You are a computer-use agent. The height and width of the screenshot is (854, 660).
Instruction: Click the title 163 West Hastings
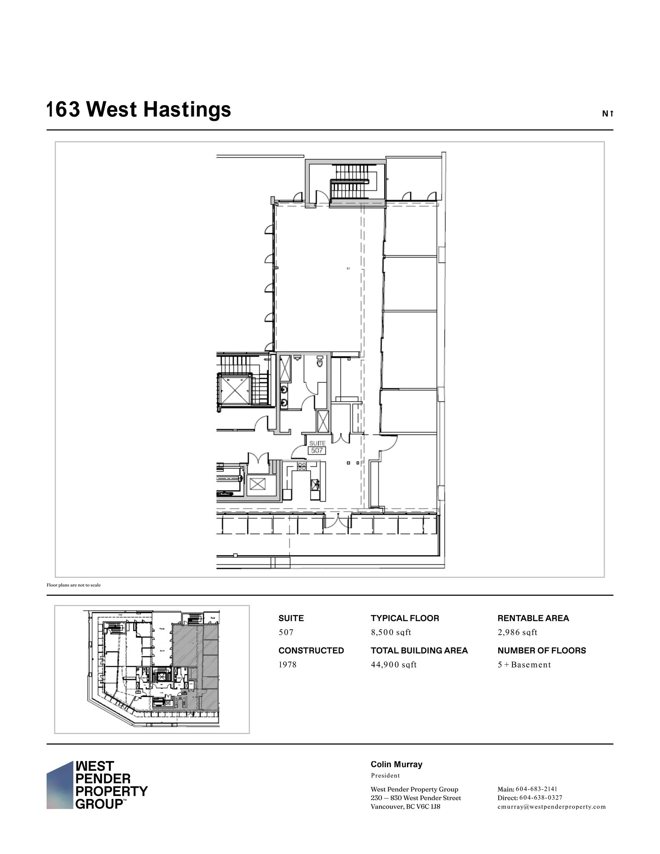click(x=138, y=110)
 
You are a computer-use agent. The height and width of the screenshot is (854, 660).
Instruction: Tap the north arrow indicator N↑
click(x=607, y=113)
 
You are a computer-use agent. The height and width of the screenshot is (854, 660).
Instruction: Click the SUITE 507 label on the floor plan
click(x=317, y=447)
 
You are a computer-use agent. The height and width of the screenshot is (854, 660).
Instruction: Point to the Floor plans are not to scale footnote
click(x=73, y=585)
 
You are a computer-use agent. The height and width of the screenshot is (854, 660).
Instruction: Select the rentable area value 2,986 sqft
click(x=517, y=632)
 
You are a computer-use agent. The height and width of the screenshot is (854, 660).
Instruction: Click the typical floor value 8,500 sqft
click(x=391, y=632)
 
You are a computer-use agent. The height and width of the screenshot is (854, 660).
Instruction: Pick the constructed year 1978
click(x=287, y=665)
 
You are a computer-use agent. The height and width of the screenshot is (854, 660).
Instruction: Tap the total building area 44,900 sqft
click(x=394, y=665)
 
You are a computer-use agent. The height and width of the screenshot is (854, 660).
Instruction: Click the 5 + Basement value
click(x=524, y=665)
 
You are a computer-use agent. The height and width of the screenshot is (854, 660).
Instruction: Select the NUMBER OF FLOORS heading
click(x=542, y=651)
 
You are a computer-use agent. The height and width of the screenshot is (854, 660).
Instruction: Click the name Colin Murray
click(x=396, y=764)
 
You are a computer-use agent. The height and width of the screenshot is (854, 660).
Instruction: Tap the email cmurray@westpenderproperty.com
click(x=551, y=806)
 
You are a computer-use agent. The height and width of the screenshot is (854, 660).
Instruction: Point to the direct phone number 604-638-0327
click(x=540, y=798)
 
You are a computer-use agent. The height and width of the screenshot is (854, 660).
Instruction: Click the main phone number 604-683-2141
click(x=536, y=789)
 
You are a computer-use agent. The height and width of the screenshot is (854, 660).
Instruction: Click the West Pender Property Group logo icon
click(x=60, y=785)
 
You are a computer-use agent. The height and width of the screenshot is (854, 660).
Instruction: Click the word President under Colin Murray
click(x=385, y=776)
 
